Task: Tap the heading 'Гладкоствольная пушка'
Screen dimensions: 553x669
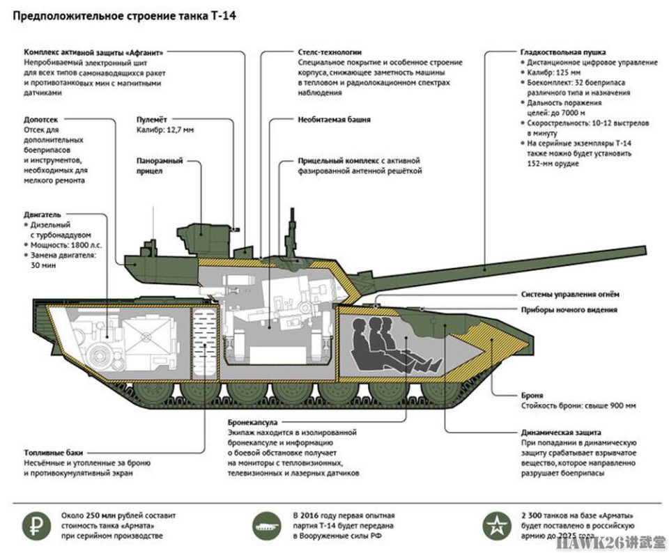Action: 563,52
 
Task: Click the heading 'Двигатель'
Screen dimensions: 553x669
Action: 43,215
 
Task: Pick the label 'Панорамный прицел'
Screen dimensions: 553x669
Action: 160,166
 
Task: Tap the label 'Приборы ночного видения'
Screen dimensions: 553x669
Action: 569,309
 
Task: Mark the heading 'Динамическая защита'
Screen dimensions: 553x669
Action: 560,433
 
